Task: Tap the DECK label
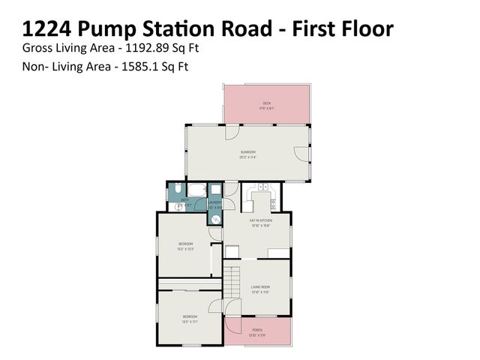266,103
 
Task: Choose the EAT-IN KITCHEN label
260,220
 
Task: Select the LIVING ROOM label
259,286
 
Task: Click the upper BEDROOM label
185,244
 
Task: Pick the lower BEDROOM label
190,317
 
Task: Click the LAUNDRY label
215,202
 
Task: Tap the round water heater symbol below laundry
215,219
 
